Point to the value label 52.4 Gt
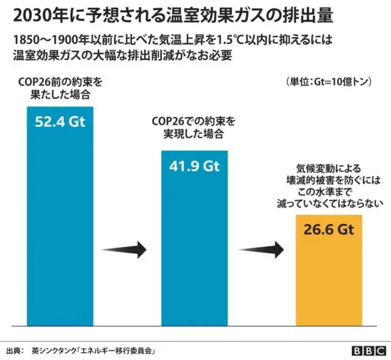coord(60,121)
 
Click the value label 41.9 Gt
coord(194,165)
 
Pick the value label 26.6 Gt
coord(329,229)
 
